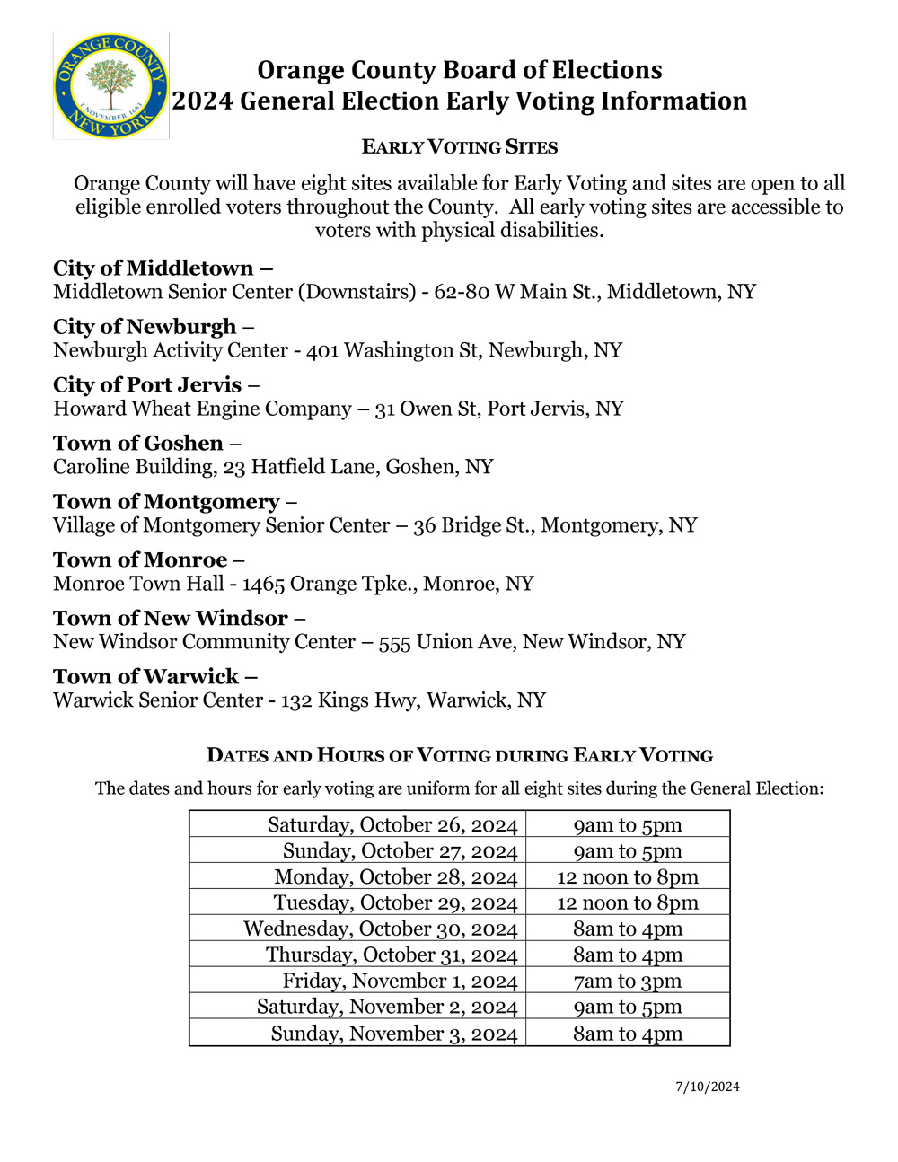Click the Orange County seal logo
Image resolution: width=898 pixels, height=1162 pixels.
(x=110, y=86)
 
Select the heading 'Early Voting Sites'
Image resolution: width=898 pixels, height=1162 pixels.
(x=460, y=147)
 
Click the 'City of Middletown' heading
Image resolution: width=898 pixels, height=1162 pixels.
(x=154, y=268)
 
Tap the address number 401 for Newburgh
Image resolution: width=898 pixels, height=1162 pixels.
(x=322, y=350)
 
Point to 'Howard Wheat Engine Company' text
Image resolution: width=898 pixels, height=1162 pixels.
(x=202, y=409)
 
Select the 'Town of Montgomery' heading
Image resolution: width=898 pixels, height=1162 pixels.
(x=166, y=502)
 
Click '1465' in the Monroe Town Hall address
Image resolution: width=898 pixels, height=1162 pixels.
(x=263, y=584)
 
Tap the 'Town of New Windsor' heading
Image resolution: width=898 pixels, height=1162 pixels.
(x=171, y=619)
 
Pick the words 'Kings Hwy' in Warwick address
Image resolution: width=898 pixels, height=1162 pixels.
(x=365, y=700)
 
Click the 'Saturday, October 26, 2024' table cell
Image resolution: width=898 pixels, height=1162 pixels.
(x=392, y=825)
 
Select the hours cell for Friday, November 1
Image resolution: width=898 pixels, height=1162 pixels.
(x=628, y=982)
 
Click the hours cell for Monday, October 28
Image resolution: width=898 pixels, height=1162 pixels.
(x=628, y=877)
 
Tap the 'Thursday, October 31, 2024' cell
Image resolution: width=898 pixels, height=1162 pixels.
(x=392, y=955)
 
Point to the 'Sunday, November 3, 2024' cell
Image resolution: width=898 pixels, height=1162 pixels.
(x=394, y=1034)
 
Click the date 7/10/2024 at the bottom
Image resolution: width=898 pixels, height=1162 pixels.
(x=708, y=1087)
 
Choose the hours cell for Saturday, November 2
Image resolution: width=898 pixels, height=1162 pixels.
(x=628, y=1008)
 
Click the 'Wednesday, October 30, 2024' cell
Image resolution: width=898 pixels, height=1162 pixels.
(x=381, y=929)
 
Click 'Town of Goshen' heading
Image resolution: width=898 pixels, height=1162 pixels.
(x=138, y=444)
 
